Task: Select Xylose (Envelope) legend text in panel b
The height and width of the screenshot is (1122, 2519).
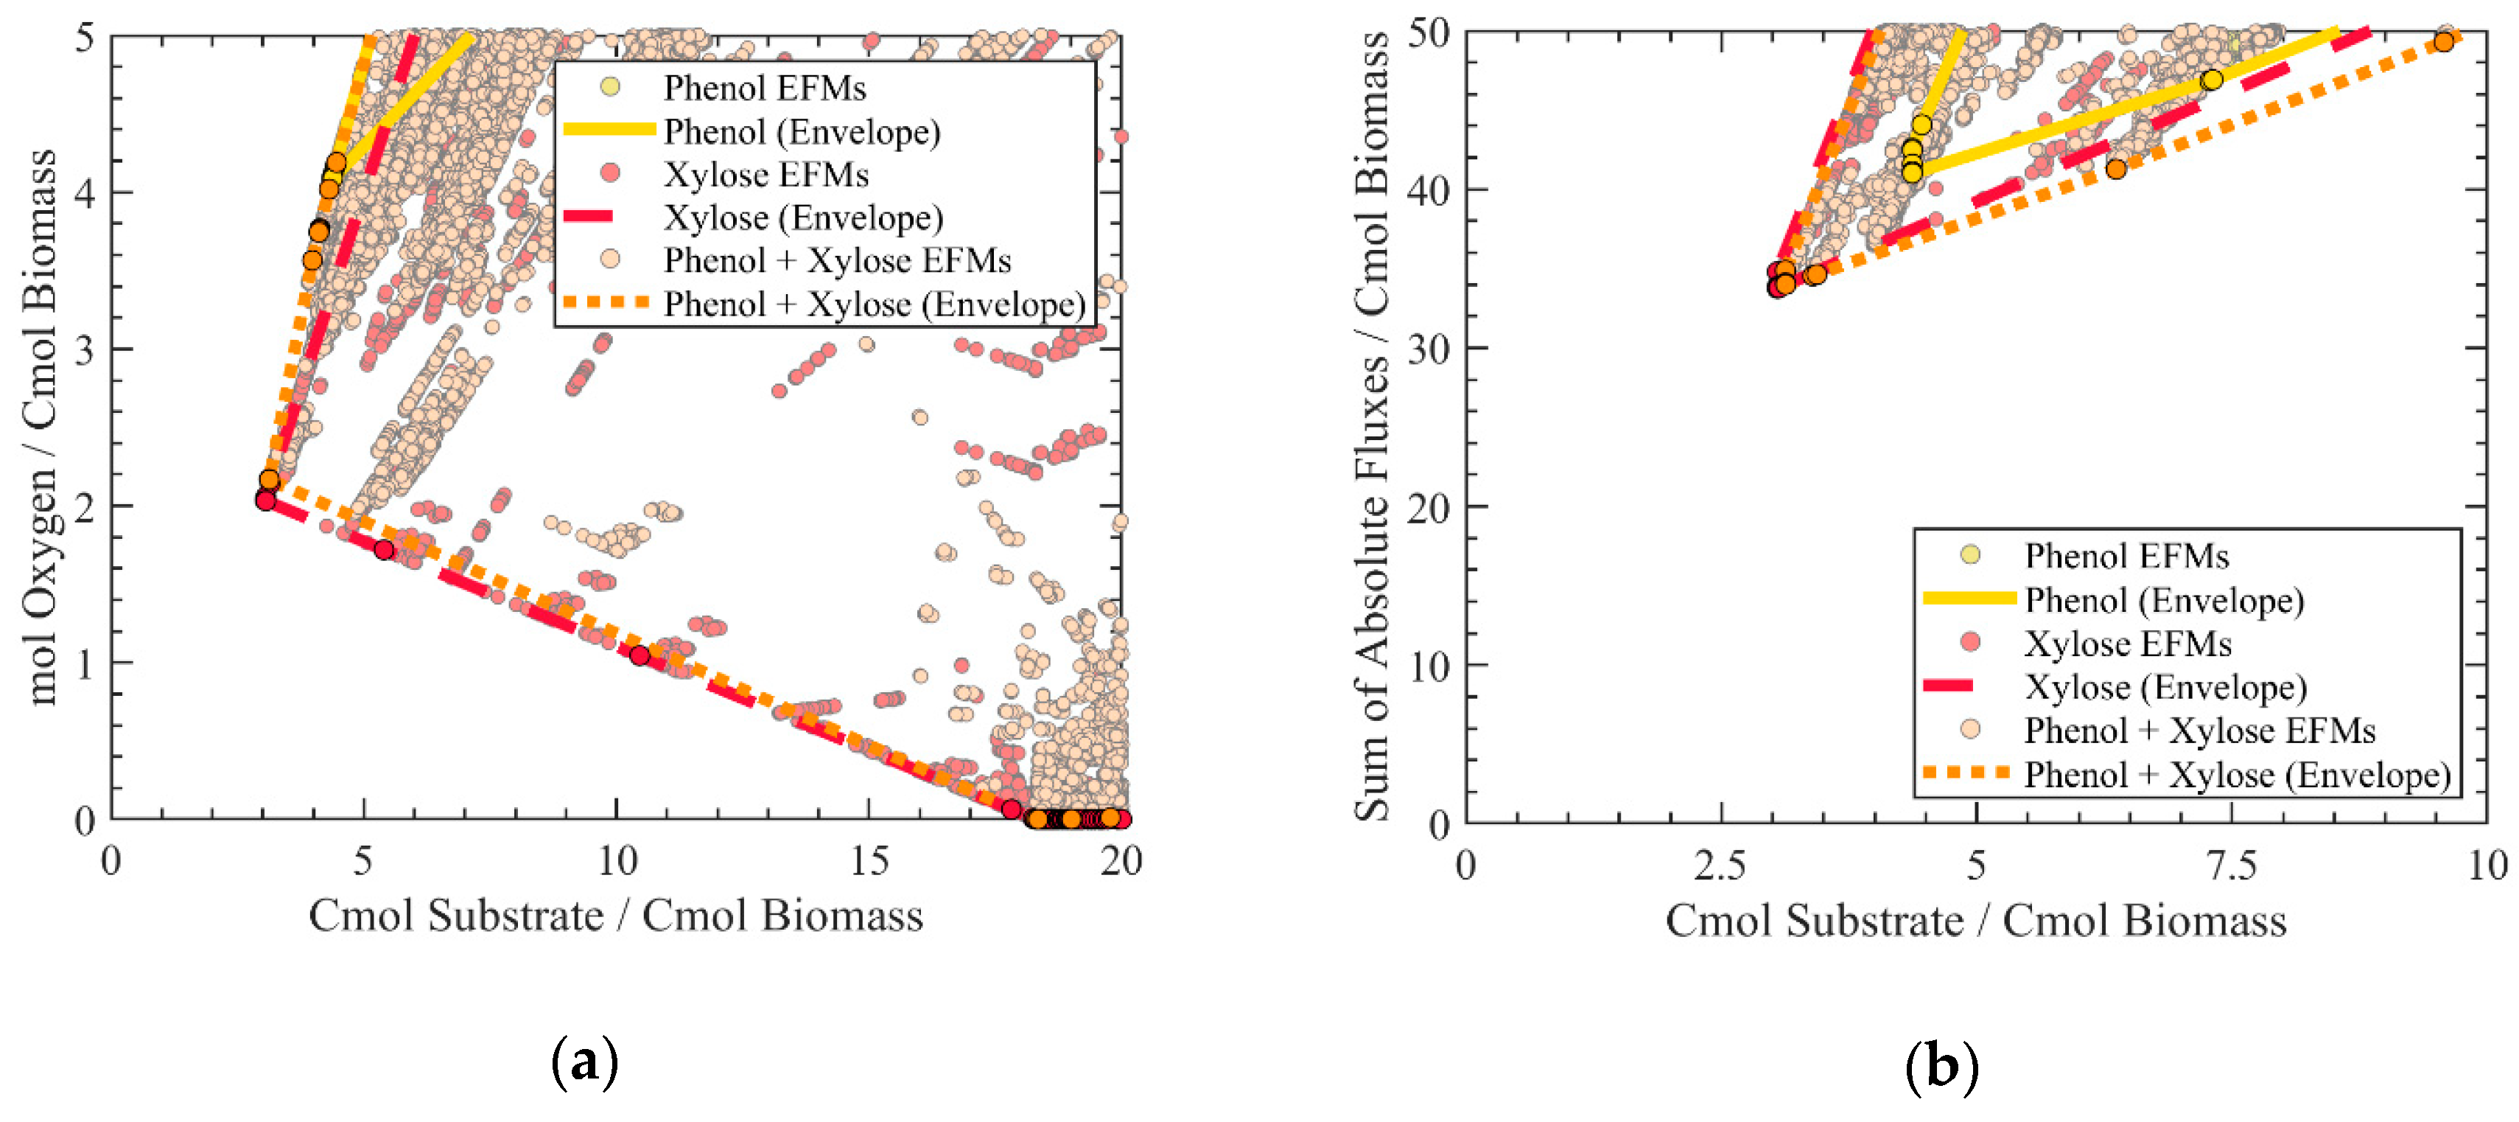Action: click(x=2165, y=688)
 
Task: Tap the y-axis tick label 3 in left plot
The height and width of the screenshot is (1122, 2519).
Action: click(x=85, y=349)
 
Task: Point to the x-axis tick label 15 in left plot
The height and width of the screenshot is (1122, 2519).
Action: click(x=869, y=862)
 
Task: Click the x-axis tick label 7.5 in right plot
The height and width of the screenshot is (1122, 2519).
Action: click(x=2232, y=865)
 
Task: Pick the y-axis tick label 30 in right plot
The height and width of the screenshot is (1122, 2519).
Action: click(x=1429, y=348)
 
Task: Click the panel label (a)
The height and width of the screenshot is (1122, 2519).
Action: click(x=585, y=1062)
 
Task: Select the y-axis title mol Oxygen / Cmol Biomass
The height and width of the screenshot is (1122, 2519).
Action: click(x=41, y=427)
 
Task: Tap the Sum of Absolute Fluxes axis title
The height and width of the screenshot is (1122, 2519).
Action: click(x=1372, y=427)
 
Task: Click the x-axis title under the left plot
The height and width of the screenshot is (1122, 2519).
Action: click(x=615, y=916)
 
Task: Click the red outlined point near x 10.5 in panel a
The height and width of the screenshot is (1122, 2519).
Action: click(x=640, y=655)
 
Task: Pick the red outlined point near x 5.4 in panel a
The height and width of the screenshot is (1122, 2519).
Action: click(x=385, y=550)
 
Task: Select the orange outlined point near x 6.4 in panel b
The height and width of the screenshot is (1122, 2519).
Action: click(x=2116, y=170)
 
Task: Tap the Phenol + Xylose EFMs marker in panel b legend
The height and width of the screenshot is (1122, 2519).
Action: click(x=1970, y=730)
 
